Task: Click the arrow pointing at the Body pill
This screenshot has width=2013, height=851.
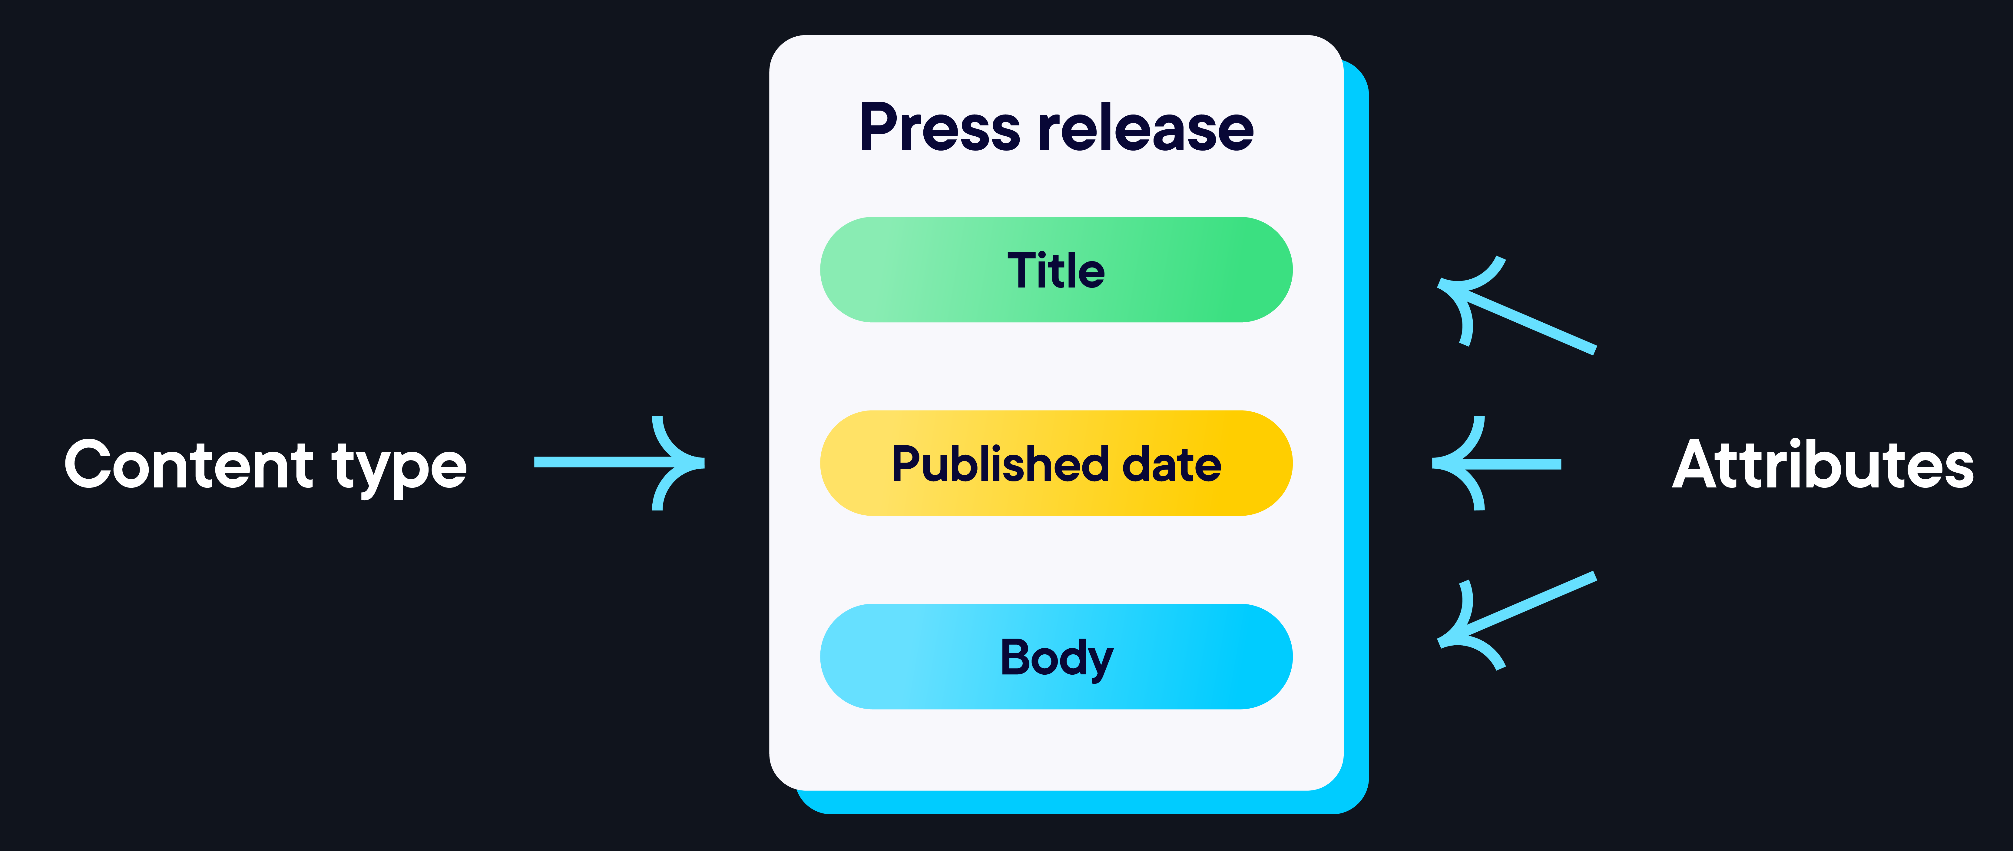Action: (x=1524, y=610)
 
